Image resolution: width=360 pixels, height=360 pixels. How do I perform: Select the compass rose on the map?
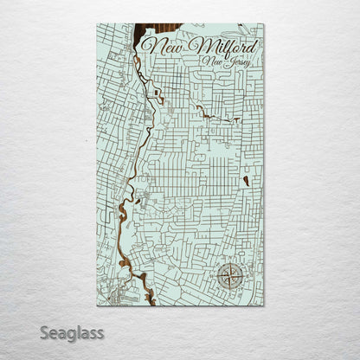point(229,276)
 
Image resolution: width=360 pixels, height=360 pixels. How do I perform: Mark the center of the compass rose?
point(229,276)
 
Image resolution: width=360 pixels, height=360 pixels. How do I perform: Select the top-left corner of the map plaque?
point(97,24)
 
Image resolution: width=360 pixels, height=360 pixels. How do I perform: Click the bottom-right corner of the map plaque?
point(264,305)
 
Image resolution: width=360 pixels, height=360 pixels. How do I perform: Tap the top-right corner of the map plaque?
point(264,24)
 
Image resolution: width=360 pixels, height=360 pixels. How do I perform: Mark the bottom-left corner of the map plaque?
point(97,305)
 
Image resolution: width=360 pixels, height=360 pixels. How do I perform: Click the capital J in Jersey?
point(222,63)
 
